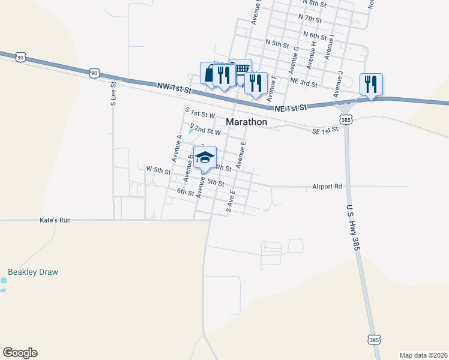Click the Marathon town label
[246, 122]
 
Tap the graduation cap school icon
[205, 158]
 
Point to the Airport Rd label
[327, 187]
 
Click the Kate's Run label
[55, 220]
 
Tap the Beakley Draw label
[33, 272]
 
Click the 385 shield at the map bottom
[374, 340]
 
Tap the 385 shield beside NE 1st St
[346, 118]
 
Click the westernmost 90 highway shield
[20, 58]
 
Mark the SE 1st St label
[326, 131]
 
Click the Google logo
[20, 353]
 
